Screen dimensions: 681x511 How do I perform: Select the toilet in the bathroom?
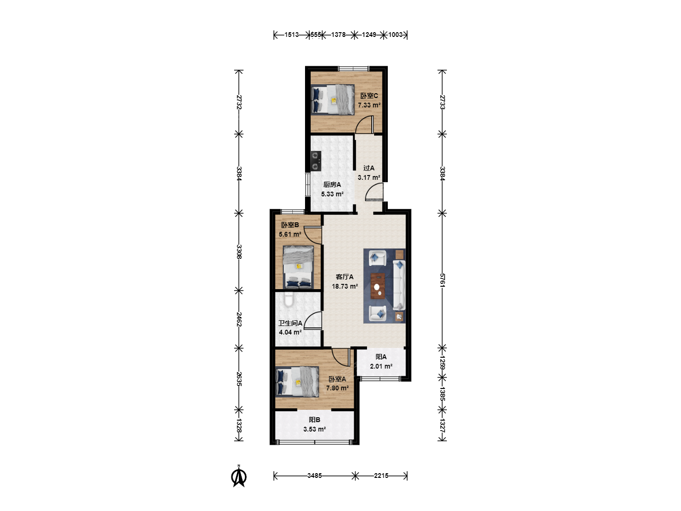[288, 299]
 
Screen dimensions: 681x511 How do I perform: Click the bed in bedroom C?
[333, 100]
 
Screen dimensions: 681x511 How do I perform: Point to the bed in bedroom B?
[298, 267]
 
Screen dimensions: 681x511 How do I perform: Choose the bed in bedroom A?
[297, 382]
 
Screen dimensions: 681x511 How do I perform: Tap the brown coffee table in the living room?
[377, 285]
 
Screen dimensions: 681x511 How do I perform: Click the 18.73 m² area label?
[345, 286]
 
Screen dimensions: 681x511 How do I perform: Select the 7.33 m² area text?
[369, 105]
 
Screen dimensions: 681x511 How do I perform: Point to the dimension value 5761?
[442, 280]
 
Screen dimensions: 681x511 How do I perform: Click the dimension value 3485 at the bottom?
[314, 476]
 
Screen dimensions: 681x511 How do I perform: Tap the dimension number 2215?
[381, 476]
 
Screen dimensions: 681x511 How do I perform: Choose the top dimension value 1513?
[292, 35]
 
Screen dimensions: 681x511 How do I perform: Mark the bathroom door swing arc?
[313, 320]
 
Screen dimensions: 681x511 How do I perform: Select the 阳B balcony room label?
[314, 420]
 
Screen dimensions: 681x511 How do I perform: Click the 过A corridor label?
[369, 168]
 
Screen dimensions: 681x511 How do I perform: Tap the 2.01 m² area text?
[381, 366]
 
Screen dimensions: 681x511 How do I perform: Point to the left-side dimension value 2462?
[238, 319]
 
